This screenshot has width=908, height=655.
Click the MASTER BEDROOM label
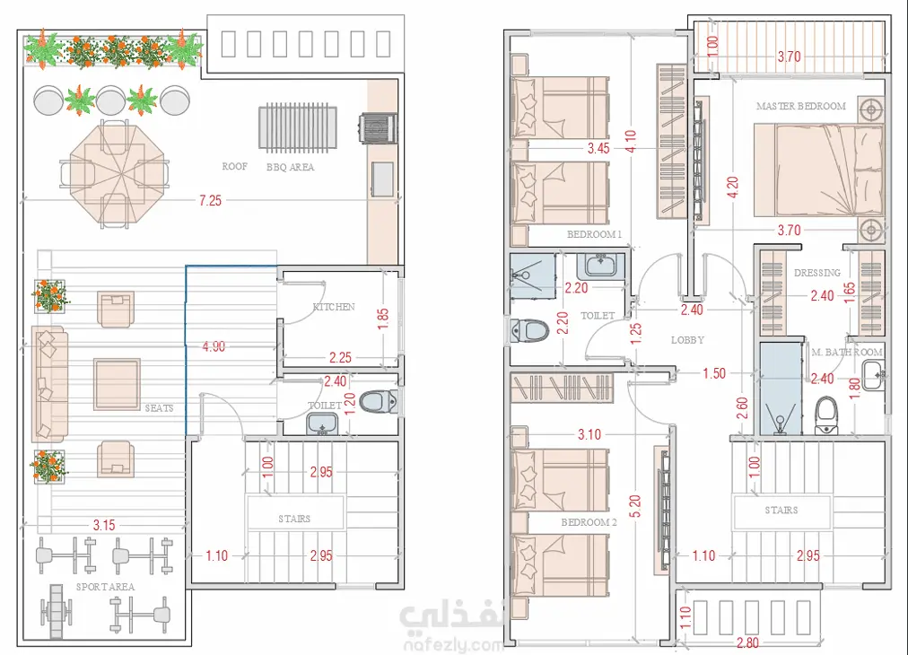pyautogui.click(x=801, y=106)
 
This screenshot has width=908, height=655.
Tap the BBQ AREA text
pyautogui.click(x=290, y=167)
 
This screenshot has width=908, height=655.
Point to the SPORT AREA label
pyautogui.click(x=105, y=587)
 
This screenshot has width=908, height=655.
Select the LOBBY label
pyautogui.click(x=687, y=340)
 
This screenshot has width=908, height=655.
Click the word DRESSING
pyautogui.click(x=817, y=273)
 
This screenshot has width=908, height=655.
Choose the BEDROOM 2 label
pyautogui.click(x=589, y=522)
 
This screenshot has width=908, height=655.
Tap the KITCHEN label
pyautogui.click(x=334, y=306)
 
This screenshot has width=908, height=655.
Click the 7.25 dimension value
pyautogui.click(x=210, y=200)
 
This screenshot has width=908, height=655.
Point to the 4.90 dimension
pyautogui.click(x=214, y=346)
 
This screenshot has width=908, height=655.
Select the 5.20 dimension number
pyautogui.click(x=634, y=506)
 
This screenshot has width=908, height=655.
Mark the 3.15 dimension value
pyautogui.click(x=104, y=525)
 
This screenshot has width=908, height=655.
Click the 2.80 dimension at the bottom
pyautogui.click(x=747, y=642)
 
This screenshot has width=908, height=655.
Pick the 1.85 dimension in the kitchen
pyautogui.click(x=383, y=319)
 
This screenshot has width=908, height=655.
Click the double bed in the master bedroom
pyautogui.click(x=819, y=170)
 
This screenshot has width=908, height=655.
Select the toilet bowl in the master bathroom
pyautogui.click(x=826, y=415)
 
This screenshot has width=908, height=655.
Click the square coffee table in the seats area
pyautogui.click(x=117, y=384)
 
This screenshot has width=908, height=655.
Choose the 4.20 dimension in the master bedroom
pyautogui.click(x=732, y=187)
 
